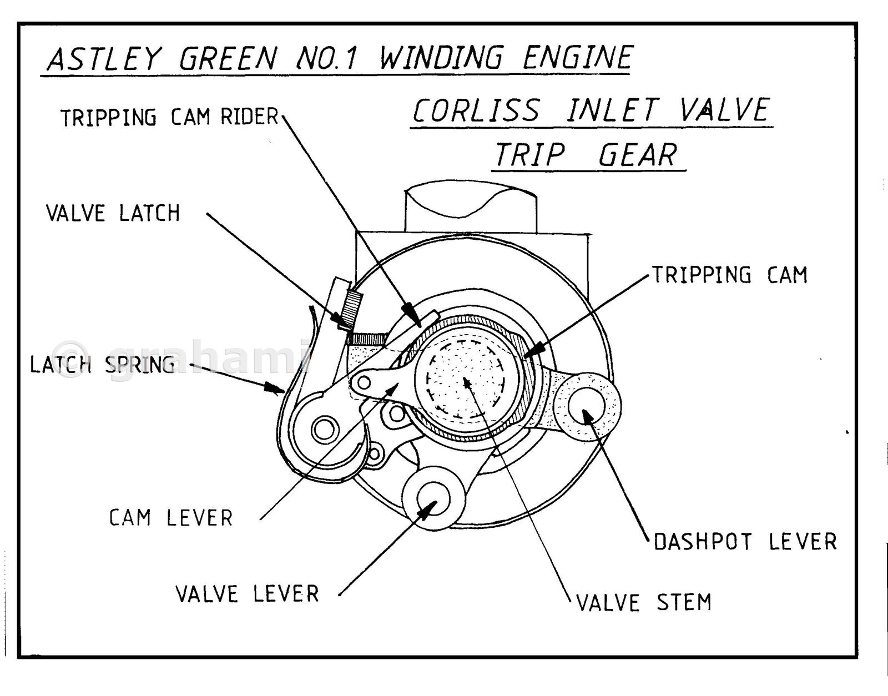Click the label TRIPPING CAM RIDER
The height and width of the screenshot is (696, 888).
tap(169, 117)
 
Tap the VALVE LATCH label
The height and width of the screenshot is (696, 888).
tap(113, 213)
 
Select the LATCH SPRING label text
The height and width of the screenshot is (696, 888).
tap(103, 365)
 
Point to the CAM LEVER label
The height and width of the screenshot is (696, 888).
tap(171, 518)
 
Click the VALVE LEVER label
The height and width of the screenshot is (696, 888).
tap(248, 594)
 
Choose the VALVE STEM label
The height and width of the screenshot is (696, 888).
tap(644, 602)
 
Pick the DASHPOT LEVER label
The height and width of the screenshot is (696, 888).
tap(745, 542)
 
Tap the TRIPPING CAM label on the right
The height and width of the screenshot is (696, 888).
tap(729, 275)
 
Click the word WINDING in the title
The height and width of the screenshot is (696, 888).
tap(441, 58)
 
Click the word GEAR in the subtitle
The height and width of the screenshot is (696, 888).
tap(638, 155)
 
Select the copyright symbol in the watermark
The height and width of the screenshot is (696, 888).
tap(70, 359)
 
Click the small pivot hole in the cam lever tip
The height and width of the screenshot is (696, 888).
tap(365, 382)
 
